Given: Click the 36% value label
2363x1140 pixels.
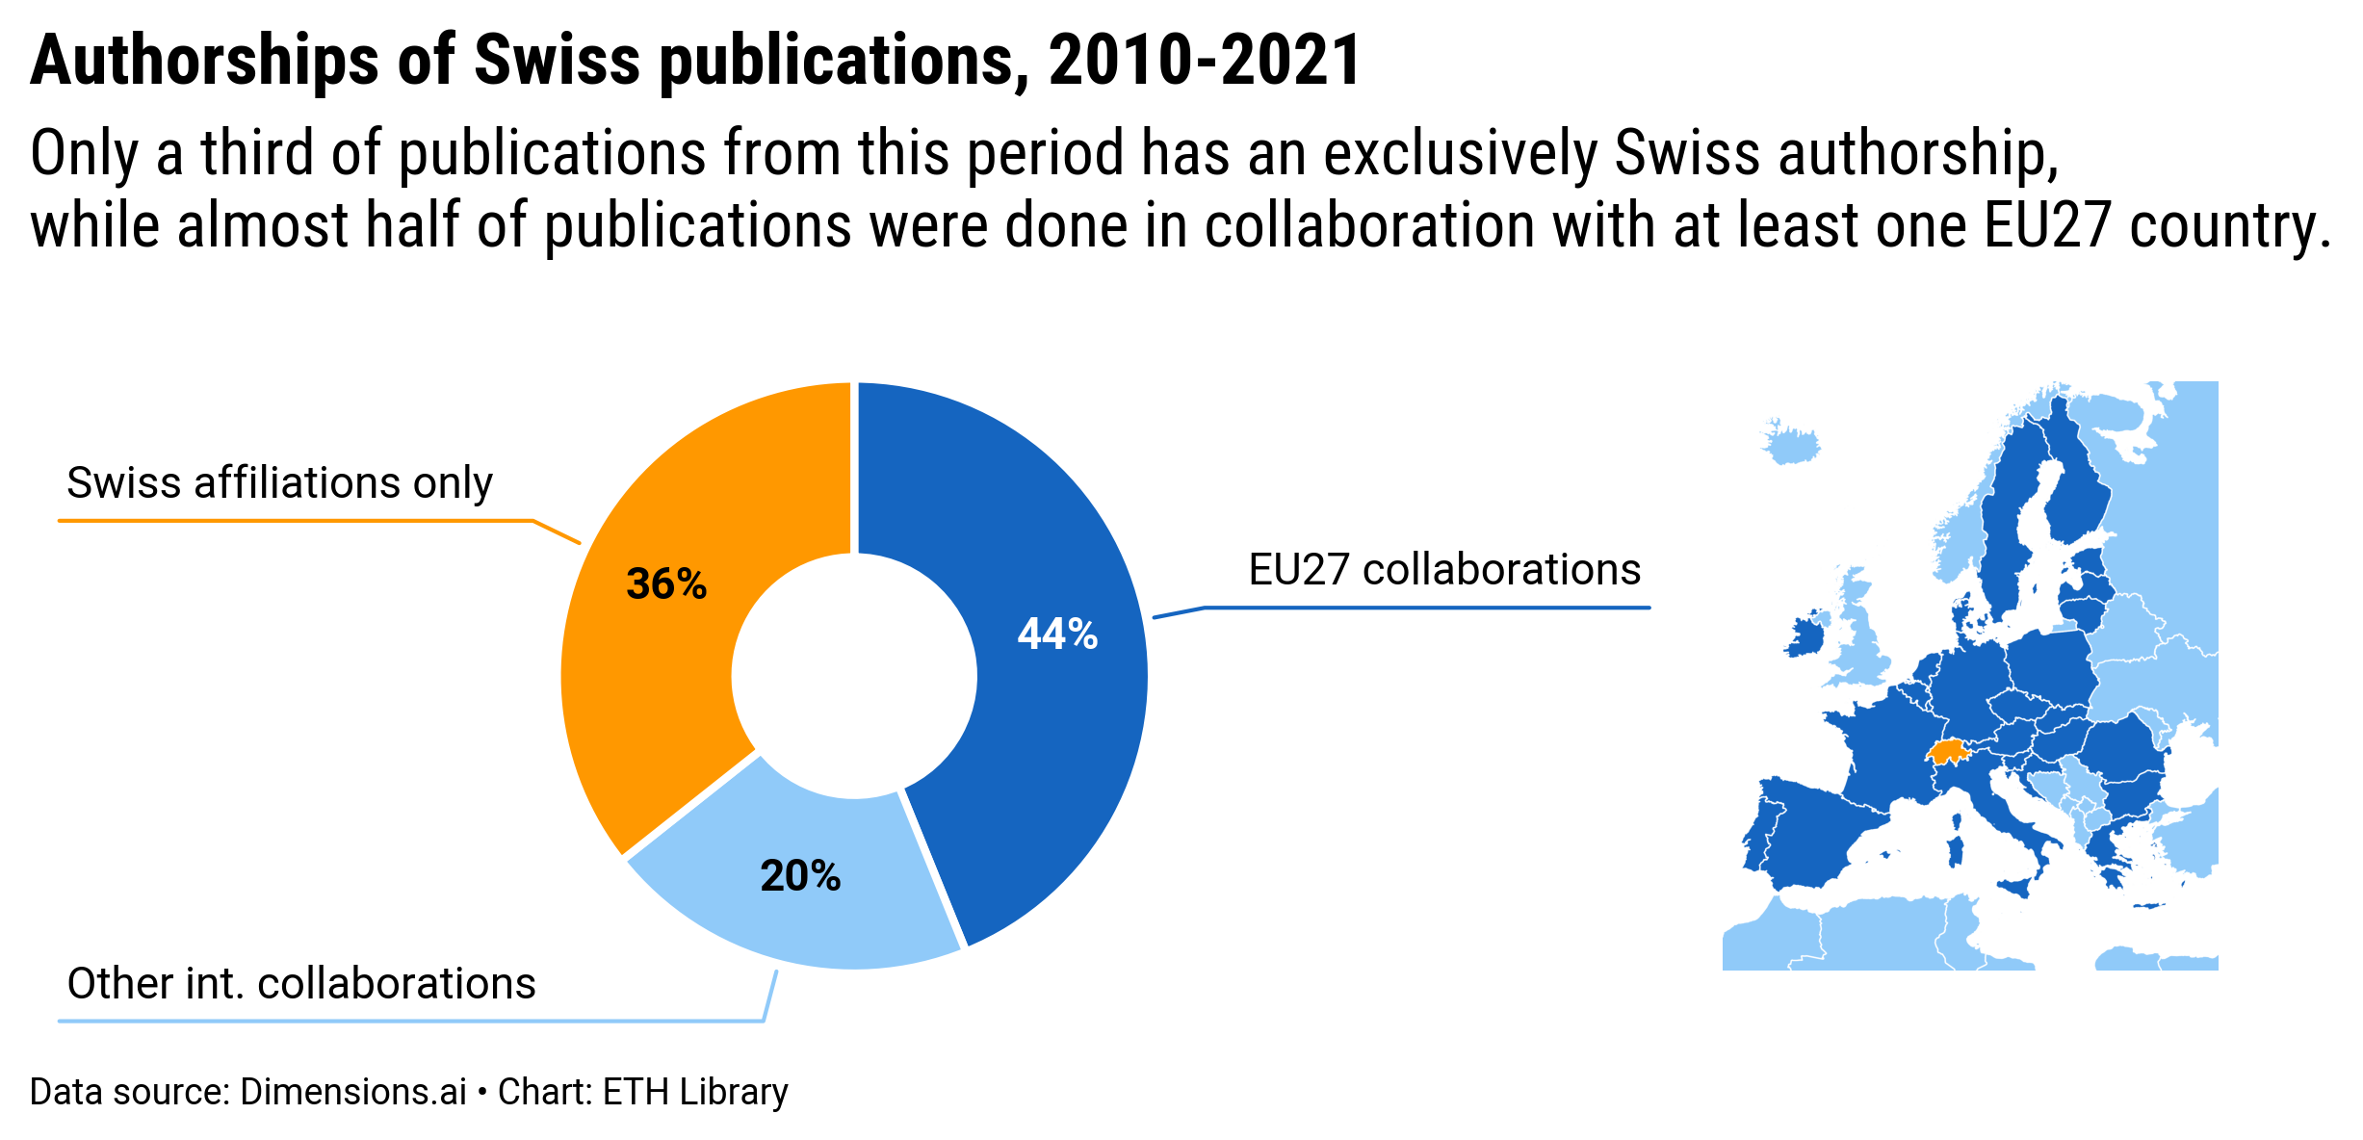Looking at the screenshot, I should tap(666, 584).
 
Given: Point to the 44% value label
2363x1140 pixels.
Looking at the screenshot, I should tap(1057, 635).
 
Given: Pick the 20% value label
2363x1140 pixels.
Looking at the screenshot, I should tap(800, 876).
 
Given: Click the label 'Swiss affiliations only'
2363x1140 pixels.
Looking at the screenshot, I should tap(279, 482).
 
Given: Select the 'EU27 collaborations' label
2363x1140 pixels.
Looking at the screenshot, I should tap(1443, 569).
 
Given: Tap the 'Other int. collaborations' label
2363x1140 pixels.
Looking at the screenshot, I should tap(300, 983).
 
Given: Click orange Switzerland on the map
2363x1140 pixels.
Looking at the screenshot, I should tap(1947, 752).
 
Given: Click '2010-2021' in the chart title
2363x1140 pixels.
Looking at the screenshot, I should tap(1204, 61).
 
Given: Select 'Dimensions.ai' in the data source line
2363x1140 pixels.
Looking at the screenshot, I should tap(352, 1092).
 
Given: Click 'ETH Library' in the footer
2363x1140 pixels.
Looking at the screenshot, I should tap(695, 1092).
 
